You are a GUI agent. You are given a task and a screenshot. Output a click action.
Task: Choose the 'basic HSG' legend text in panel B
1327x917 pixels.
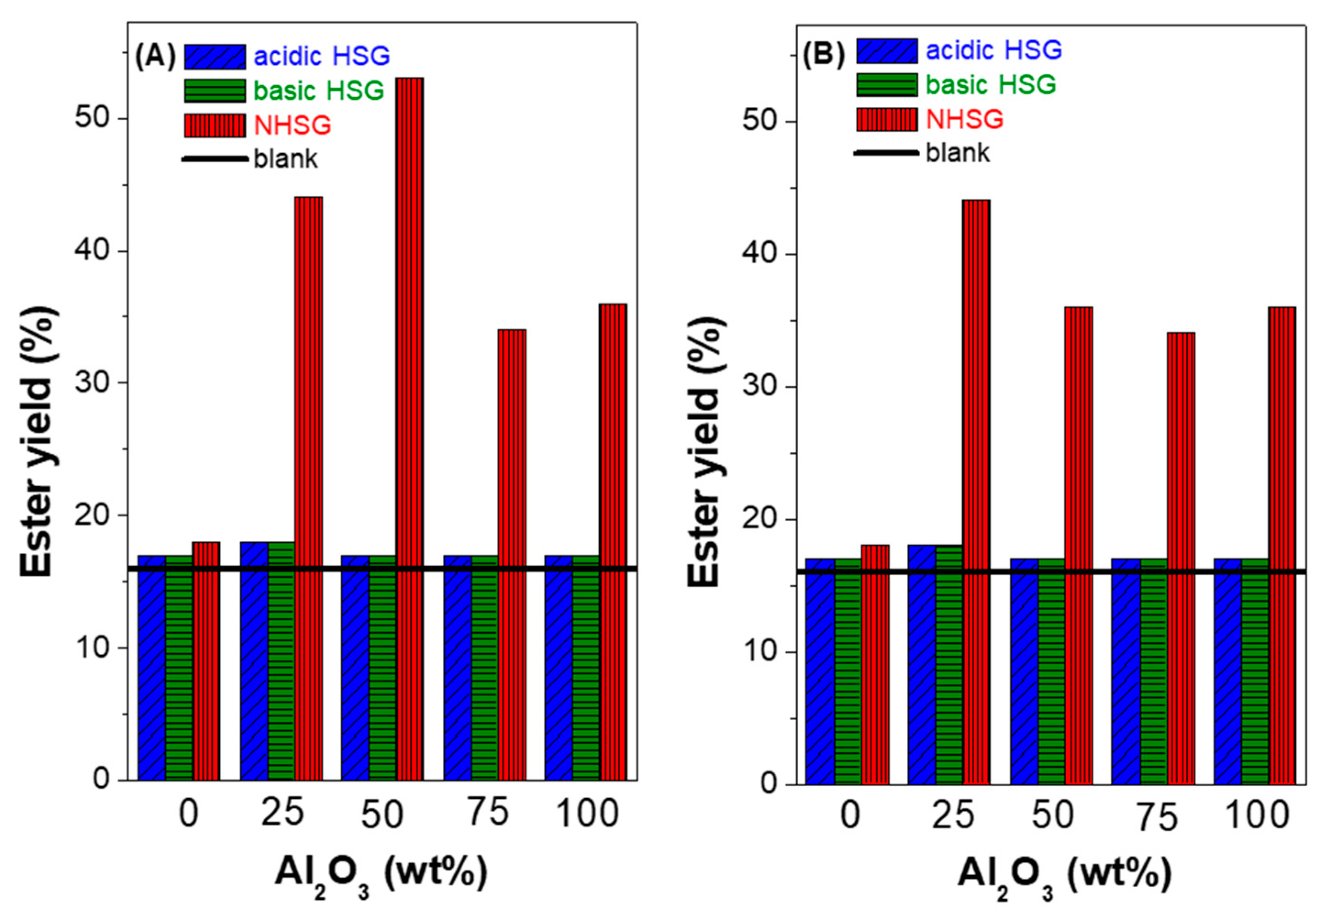pos(990,85)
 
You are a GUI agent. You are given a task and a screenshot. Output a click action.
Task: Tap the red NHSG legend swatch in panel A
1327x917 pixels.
pos(215,125)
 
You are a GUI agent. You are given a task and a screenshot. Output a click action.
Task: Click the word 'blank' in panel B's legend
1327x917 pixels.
pos(958,153)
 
